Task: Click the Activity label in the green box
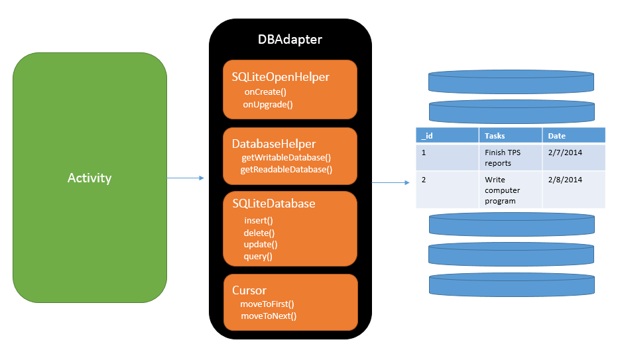click(x=90, y=178)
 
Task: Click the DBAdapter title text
click(x=290, y=40)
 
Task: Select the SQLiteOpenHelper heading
click(x=280, y=77)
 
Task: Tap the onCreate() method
click(x=265, y=92)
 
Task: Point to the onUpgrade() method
click(x=268, y=104)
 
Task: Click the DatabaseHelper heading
click(x=274, y=144)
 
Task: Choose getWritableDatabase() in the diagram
click(x=286, y=158)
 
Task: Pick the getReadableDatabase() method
click(x=286, y=170)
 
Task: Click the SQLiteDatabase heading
click(x=274, y=204)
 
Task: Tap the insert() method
click(x=259, y=221)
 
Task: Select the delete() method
click(x=259, y=233)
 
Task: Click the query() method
click(x=258, y=257)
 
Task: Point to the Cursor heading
click(x=249, y=290)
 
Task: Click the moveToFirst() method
click(x=267, y=304)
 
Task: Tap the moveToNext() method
click(x=269, y=316)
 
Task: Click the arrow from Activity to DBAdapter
click(x=185, y=178)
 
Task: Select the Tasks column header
click(x=495, y=136)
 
